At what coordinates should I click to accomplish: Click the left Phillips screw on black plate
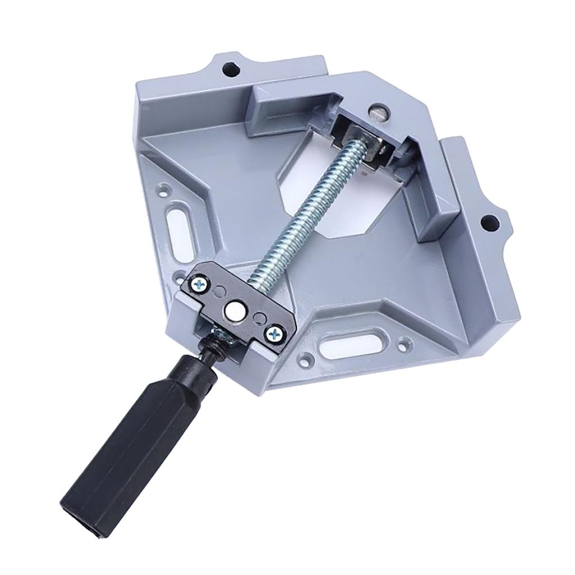[x=199, y=286]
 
